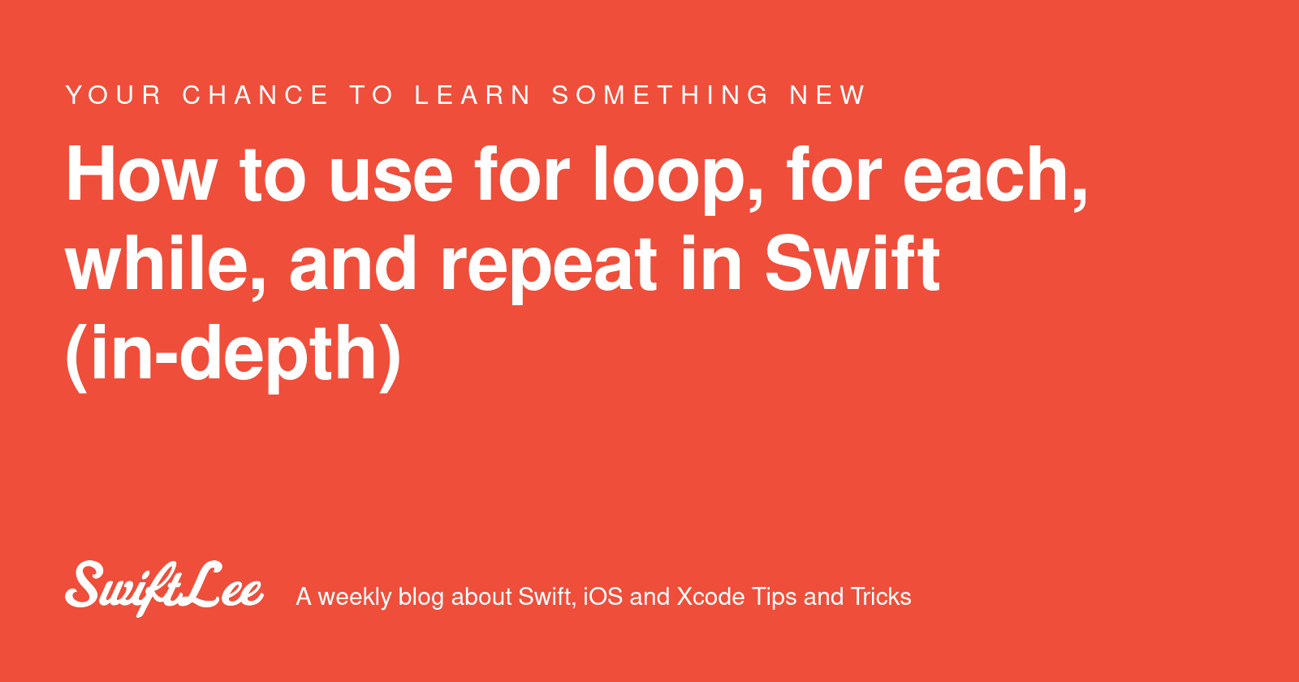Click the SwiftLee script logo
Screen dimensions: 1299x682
[164, 588]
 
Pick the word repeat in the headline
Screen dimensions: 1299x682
[549, 269]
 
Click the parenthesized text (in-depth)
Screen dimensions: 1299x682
[233, 355]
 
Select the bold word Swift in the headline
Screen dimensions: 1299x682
[852, 263]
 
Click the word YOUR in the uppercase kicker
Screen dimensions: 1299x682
[114, 95]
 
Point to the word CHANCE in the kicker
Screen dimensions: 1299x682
[256, 95]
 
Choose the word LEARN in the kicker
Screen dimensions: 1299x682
[473, 95]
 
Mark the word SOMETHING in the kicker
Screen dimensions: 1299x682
[661, 95]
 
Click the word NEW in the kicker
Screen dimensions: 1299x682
[827, 95]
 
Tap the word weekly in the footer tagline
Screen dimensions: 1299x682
[355, 598]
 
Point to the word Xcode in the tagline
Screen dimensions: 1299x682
[711, 597]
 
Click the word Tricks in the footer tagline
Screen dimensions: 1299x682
[881, 597]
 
